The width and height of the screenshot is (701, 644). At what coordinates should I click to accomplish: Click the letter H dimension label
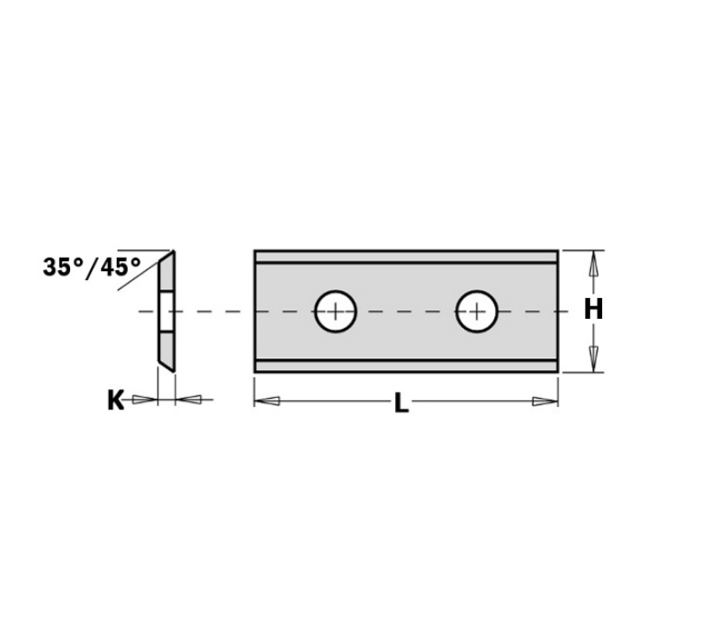point(593,309)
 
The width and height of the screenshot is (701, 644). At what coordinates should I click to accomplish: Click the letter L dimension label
point(401,403)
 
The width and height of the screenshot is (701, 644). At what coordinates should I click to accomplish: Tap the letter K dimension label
point(116,400)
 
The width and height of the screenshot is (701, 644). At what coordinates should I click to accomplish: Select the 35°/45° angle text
point(92,268)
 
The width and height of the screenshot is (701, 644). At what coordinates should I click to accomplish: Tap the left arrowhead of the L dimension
point(267,401)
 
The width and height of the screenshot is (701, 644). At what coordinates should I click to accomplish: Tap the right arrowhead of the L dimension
point(545,402)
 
